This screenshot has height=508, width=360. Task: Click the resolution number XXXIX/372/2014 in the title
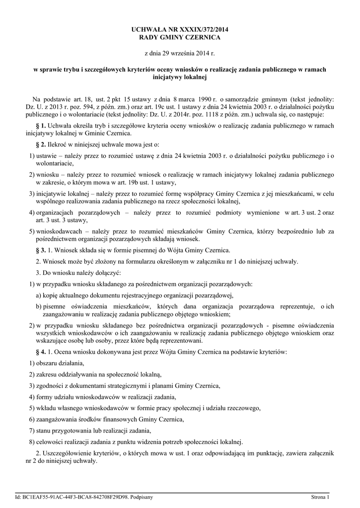[x=203, y=31]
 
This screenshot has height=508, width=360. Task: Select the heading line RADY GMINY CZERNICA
[x=180, y=38]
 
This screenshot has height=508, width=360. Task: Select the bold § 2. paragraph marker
[x=42, y=144]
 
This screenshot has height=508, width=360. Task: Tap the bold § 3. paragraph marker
[x=42, y=250]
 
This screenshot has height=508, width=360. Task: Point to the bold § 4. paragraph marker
[x=42, y=352]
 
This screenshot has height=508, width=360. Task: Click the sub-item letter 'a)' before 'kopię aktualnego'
[x=38, y=295]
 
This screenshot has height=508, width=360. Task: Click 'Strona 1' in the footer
[x=320, y=497]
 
